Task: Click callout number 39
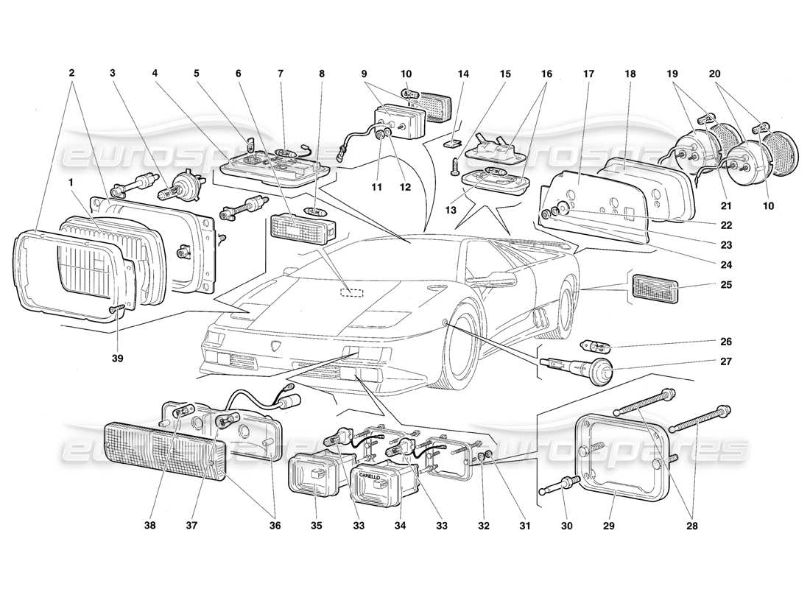[118, 359]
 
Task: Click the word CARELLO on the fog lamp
[370, 476]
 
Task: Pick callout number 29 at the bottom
[607, 526]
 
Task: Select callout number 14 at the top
[462, 74]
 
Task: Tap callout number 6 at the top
[239, 74]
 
